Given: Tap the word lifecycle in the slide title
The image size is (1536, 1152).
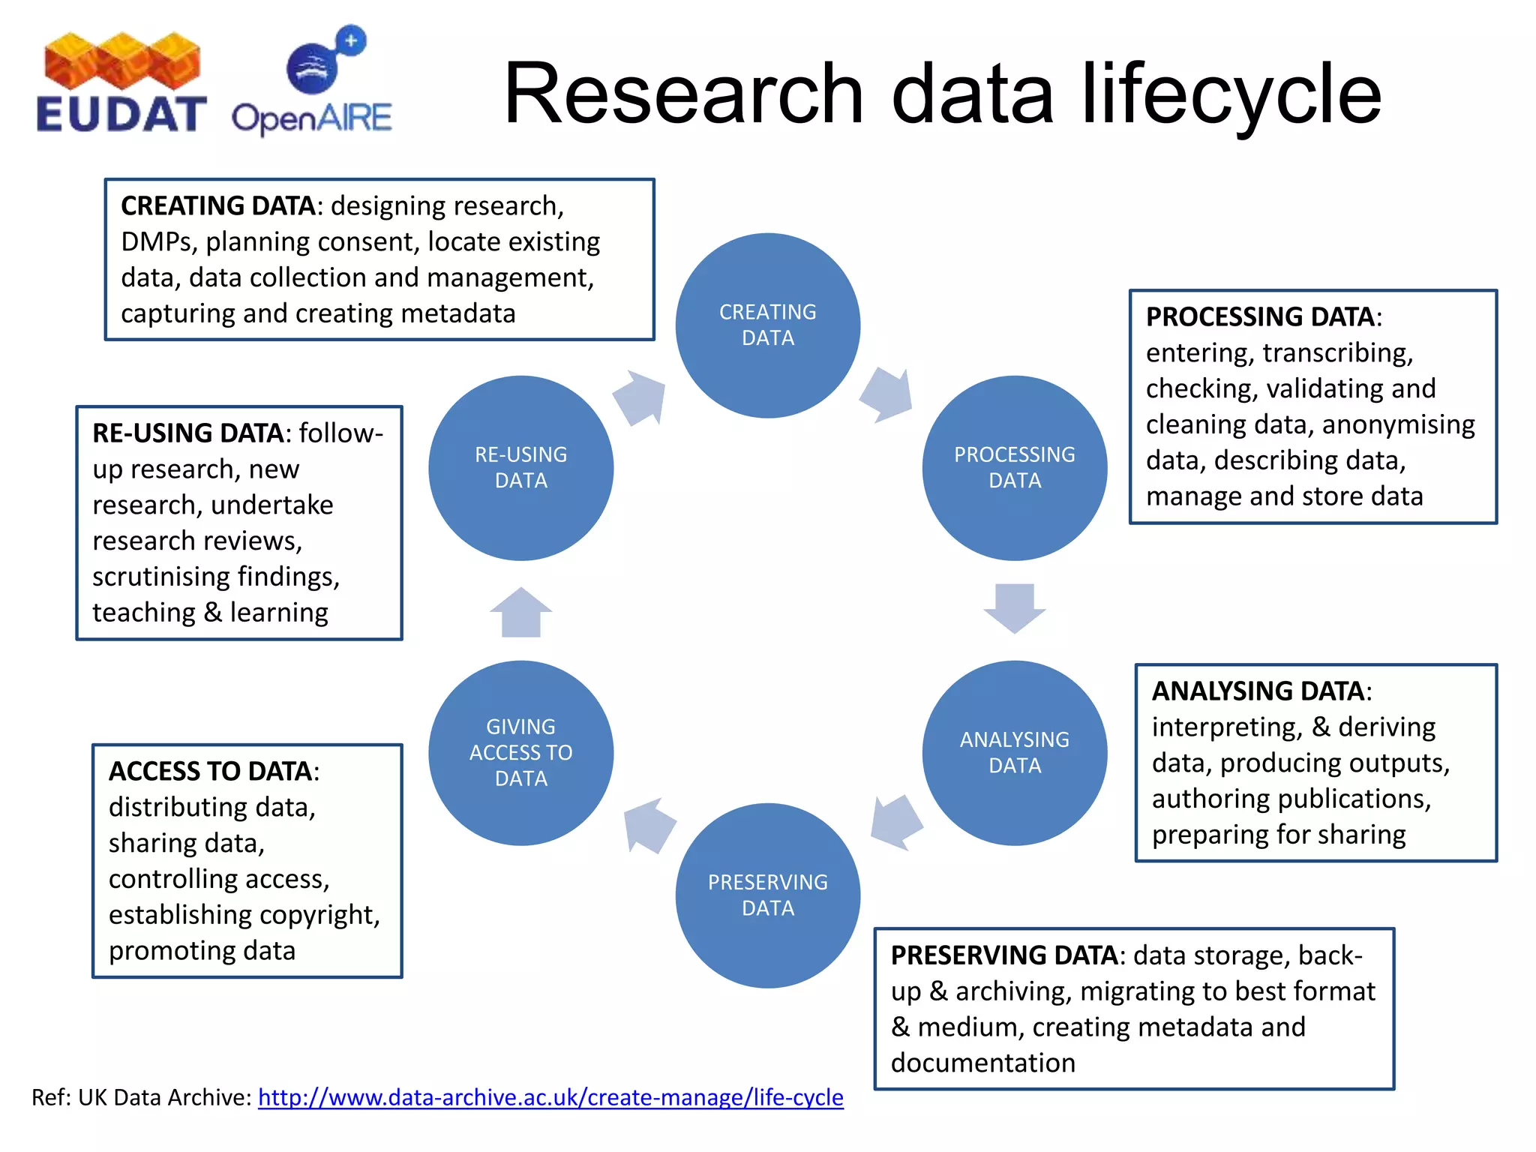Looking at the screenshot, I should tap(1230, 94).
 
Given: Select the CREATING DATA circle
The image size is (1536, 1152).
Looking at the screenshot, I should tap(767, 325).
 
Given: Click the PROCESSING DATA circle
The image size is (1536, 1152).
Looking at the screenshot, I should tap(1014, 467).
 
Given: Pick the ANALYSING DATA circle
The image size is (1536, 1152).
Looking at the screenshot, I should tap(1014, 752).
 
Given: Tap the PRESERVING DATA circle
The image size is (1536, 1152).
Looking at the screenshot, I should tap(767, 895).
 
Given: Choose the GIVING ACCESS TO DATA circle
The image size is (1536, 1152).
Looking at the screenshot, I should tap(520, 752).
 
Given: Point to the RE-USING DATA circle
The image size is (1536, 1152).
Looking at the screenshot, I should tap(520, 467).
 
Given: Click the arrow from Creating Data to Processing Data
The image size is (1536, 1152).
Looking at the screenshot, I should tap(887, 394).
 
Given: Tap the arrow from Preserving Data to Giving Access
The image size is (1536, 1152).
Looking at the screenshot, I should tap(649, 825).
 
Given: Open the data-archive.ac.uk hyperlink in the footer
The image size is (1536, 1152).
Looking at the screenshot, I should tap(550, 1097).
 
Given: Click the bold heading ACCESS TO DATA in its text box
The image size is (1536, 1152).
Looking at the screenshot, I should tap(210, 771).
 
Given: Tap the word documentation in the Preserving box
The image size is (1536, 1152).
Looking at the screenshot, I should tap(982, 1063).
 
